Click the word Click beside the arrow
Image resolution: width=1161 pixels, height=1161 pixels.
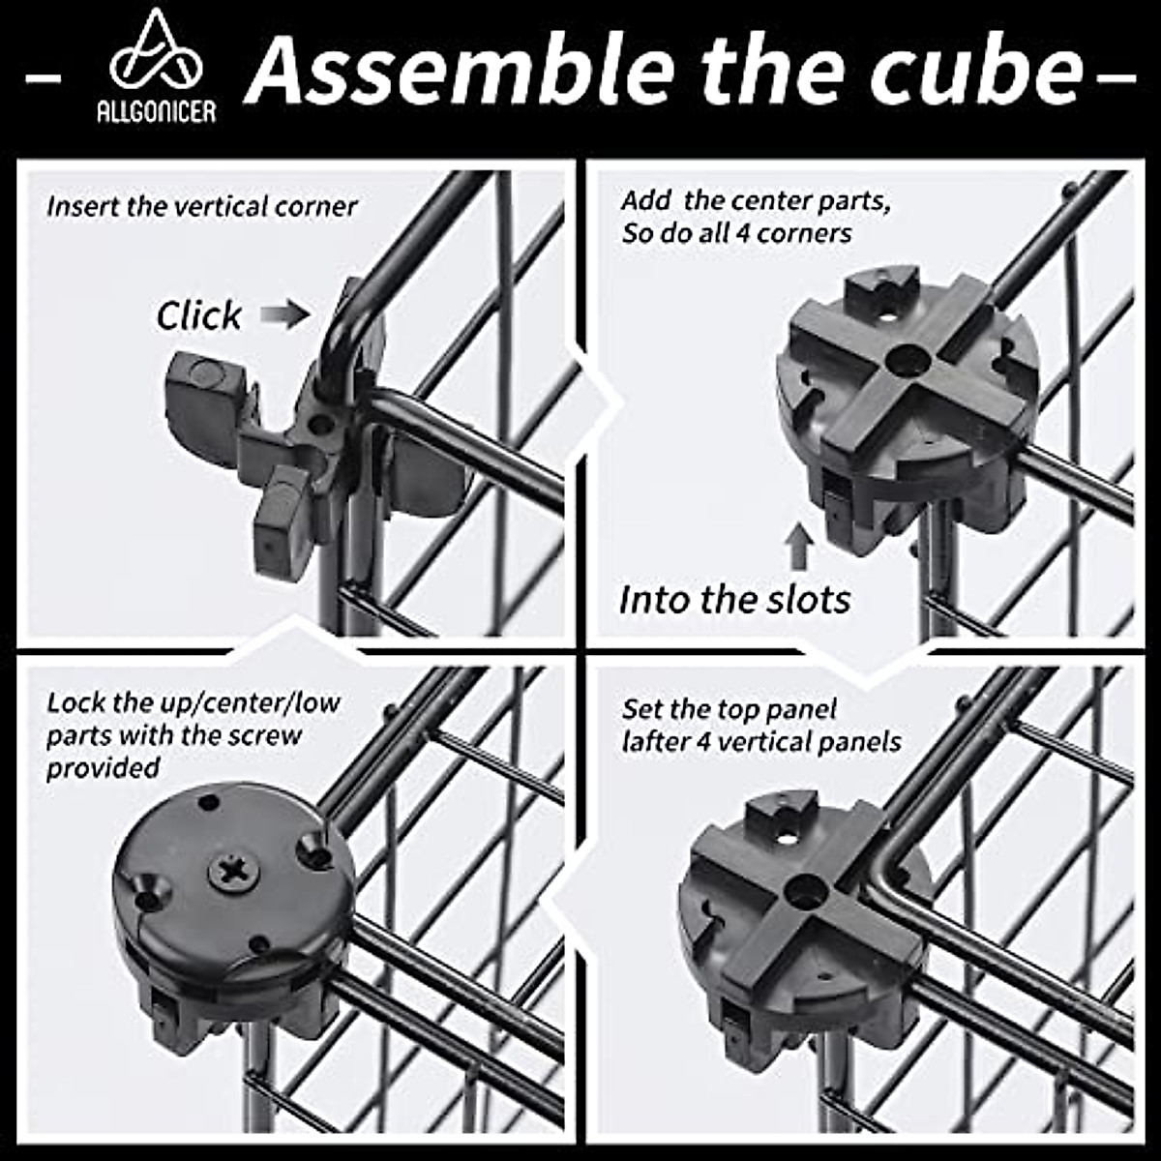click(x=199, y=315)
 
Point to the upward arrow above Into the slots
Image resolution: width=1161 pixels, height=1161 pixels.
click(x=798, y=548)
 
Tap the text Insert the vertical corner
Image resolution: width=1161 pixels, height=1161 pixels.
click(x=201, y=207)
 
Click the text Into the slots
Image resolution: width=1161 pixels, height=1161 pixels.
click(x=734, y=600)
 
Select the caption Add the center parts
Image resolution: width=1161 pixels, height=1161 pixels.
click(x=756, y=201)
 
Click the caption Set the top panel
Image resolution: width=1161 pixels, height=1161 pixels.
click(x=729, y=709)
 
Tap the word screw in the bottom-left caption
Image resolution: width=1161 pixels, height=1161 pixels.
click(x=265, y=735)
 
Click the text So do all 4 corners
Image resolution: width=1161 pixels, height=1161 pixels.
click(x=736, y=233)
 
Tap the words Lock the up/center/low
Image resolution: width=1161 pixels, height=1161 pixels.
click(x=193, y=702)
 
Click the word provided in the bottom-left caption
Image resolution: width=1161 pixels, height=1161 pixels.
click(x=104, y=768)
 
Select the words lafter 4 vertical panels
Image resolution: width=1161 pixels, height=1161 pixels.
click(x=761, y=742)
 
